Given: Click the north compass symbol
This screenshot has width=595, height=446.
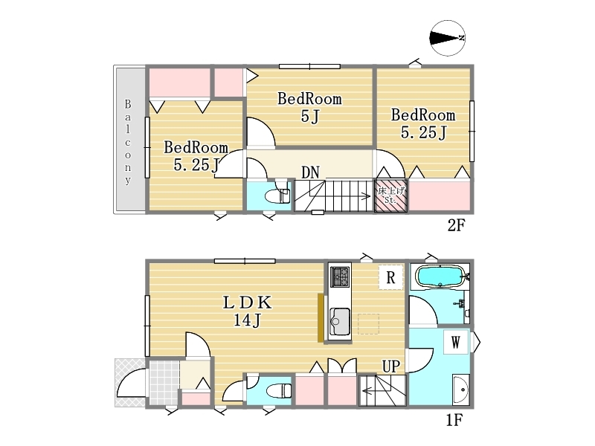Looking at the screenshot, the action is coord(448,38).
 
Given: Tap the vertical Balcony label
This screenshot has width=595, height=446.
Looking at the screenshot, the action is coord(128,141).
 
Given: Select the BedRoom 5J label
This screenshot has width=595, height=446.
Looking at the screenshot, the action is coord(309,107).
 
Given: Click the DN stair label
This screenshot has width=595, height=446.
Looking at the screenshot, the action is coord(310,172).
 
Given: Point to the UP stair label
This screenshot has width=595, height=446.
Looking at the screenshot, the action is coord(391,366).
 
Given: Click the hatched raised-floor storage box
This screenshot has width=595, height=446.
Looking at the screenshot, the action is coord(391,195).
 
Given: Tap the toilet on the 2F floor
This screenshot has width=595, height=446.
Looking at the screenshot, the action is coord(277,196).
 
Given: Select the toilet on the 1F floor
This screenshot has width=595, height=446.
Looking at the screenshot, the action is coord(279,390).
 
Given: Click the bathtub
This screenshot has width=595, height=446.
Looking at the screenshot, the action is coord(440,276).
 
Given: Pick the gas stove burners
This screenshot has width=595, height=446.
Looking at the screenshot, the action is coord(341,277).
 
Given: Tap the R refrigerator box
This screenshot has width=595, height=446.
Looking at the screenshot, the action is coord(390,277).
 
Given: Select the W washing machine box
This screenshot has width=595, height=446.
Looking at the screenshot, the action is coord(456,343).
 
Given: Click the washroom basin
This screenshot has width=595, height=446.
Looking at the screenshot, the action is coord(461,389).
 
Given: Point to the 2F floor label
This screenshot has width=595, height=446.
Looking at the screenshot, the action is coord(456,225).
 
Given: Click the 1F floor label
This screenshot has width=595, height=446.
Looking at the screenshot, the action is coord(454,420).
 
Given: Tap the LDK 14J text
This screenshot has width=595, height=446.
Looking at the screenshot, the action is coord(247,311).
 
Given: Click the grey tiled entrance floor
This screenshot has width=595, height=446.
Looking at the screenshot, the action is coord(164,383).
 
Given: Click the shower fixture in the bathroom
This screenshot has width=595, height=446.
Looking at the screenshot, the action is coord(460,303).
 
